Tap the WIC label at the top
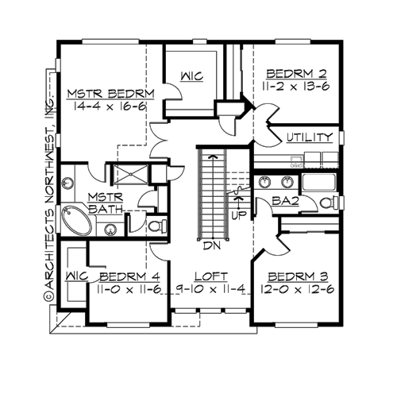tap(191, 76)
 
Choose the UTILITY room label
tap(310, 137)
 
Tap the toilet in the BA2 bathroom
tap(326, 203)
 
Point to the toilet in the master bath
tap(156, 226)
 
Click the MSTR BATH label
tap(104, 203)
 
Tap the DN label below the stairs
tap(211, 246)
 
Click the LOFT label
tap(210, 276)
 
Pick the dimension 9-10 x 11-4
tap(210, 290)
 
